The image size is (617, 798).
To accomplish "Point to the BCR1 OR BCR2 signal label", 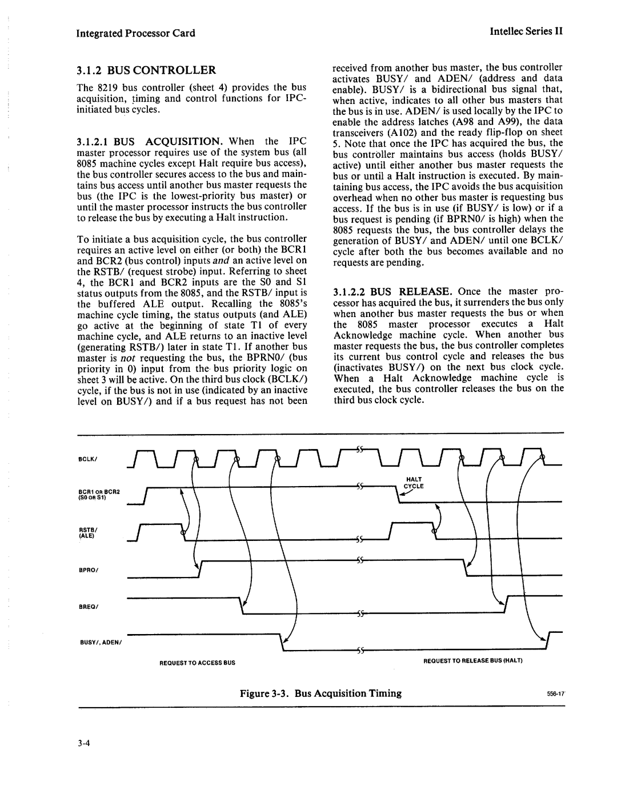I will pyautogui.click(x=95, y=494).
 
